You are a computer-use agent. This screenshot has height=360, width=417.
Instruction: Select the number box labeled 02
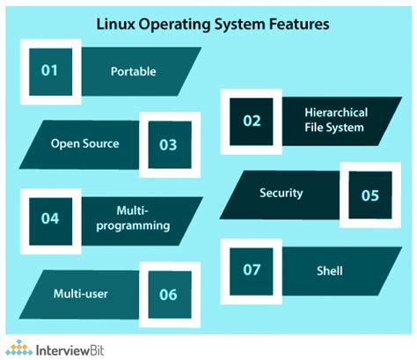252,121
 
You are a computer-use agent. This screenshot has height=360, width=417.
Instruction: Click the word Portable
132,70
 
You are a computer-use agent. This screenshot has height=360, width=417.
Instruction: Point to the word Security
282,193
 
